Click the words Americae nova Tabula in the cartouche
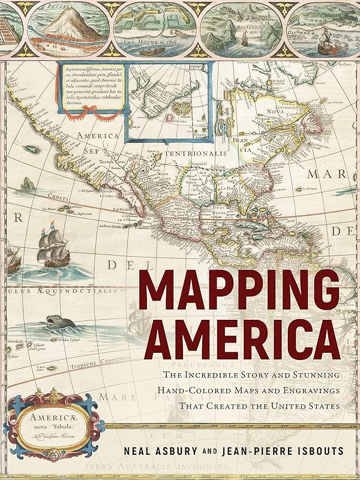(49, 419)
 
